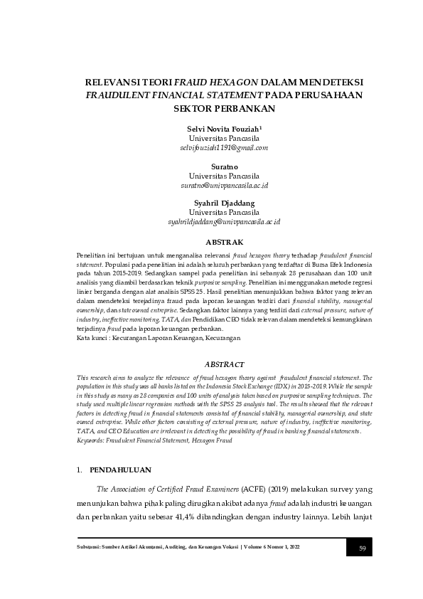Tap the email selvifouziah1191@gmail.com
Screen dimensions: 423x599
pyautogui.click(x=224, y=148)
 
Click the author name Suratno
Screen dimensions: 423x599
pyautogui.click(x=224, y=165)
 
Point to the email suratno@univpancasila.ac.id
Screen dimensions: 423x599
pyautogui.click(x=224, y=185)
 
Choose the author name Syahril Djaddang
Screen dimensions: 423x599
pyautogui.click(x=224, y=203)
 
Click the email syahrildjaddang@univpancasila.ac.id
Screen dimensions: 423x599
pyautogui.click(x=224, y=222)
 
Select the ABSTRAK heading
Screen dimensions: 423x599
pyautogui.click(x=224, y=242)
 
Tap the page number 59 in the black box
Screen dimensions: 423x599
pyautogui.click(x=362, y=547)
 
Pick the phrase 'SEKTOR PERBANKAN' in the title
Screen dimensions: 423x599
pyautogui.click(x=224, y=109)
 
